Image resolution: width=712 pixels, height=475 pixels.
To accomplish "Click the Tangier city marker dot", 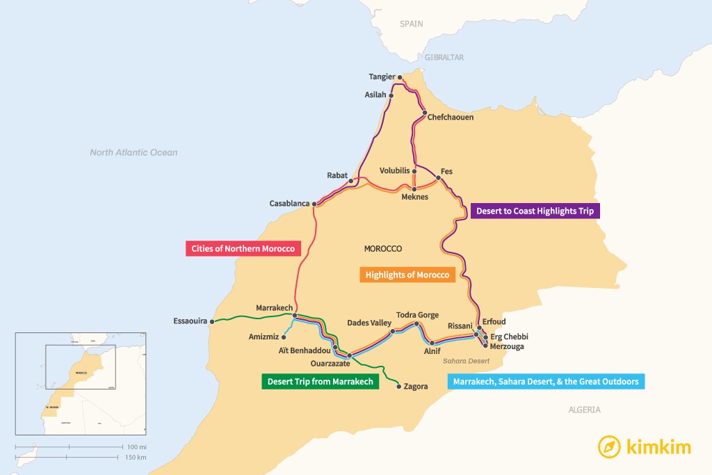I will pos(400,77).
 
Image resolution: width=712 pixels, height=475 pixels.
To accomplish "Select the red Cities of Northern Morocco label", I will pos(243,248).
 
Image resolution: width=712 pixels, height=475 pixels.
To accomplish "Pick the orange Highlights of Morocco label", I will pos(407,275).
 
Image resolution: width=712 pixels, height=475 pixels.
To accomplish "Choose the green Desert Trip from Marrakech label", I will pos(320,381).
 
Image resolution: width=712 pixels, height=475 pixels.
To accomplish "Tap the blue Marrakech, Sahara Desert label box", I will pos(545,381).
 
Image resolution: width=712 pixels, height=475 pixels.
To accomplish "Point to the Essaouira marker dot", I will pos(213,321).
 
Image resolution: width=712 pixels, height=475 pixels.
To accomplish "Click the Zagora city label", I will pos(415,387).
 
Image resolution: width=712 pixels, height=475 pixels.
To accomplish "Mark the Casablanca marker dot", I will pos(315,204).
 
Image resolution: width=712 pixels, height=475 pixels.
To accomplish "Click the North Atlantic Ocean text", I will pos(133,152).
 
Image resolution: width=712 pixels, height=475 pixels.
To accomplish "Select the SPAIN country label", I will pos(411,24).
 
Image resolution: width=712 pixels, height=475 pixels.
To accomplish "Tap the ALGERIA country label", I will pos(584,410).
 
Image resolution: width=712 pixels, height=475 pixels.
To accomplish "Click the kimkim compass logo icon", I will pos(610,446).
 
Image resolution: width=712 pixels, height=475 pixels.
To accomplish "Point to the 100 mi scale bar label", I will pos(136,446).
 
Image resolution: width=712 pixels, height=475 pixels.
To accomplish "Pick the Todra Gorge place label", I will pos(417,315).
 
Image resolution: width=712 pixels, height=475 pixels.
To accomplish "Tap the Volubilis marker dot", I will pos(414,171).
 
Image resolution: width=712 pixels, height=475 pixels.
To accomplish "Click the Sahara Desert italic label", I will pos(466,361).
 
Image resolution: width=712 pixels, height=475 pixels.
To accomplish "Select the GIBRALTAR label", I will pos(444,57).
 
